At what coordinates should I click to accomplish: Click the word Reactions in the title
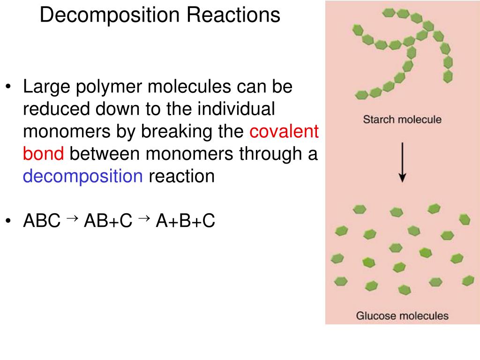coord(233,15)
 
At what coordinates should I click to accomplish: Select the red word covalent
coord(284,131)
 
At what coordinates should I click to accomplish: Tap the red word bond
coord(44,153)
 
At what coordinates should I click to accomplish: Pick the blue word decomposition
coord(82,177)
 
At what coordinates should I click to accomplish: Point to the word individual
coord(236,109)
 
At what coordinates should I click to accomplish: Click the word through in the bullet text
coord(270,154)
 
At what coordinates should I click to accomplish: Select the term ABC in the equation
coord(42,220)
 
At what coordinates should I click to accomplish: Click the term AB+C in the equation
coord(108,220)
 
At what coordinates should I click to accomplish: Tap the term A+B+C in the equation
coord(186,220)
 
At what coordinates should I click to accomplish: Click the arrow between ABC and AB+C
coord(72,218)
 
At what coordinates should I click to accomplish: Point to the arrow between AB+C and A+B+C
coord(144,218)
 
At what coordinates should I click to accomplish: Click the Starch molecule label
coord(402,120)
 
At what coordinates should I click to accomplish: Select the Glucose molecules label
coord(402,315)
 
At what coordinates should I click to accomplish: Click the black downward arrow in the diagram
coord(402,162)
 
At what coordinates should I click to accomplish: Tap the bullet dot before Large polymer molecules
coord(8,86)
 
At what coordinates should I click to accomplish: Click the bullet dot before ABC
coord(8,220)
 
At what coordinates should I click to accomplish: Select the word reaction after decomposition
coord(181,177)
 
